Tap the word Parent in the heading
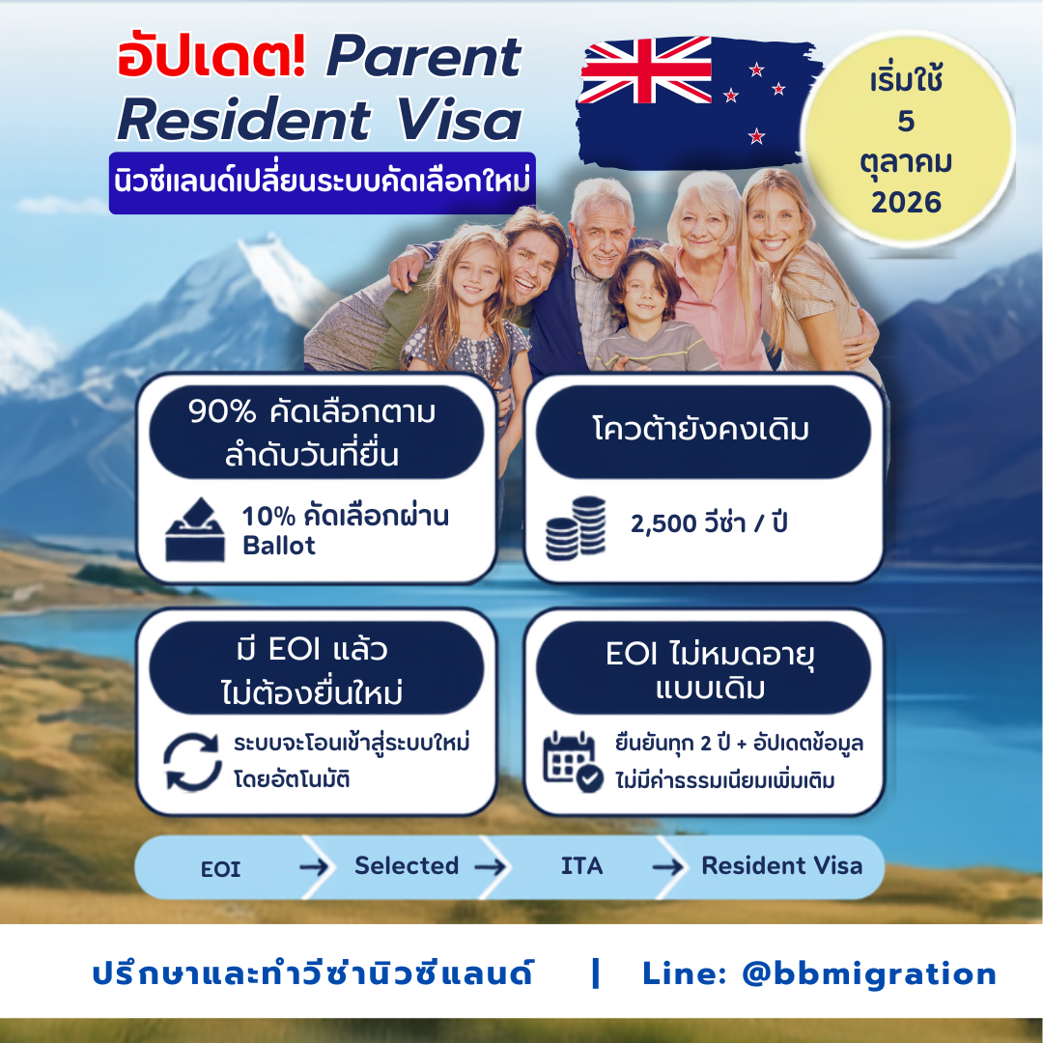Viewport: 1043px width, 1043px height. coord(424,58)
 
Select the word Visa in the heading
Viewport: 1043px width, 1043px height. coord(459,120)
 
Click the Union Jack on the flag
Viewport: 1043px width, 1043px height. coord(645,70)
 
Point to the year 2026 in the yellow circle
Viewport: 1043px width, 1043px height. coord(906,202)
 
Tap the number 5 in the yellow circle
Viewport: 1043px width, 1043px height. coord(906,121)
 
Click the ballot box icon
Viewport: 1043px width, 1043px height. coord(195,529)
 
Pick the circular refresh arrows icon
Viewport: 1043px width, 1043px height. coord(192,762)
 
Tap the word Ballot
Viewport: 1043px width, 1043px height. coord(279,546)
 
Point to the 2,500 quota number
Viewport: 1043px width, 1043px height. coord(663,524)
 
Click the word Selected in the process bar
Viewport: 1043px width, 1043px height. coord(407,865)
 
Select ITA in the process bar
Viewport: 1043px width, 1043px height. coord(582,866)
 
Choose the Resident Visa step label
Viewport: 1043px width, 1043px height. coord(782,865)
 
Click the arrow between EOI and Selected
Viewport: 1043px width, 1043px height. coord(314,866)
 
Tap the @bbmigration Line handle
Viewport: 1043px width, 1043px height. coord(869,974)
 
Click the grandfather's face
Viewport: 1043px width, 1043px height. coord(601,234)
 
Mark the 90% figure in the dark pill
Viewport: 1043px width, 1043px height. coord(221,411)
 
